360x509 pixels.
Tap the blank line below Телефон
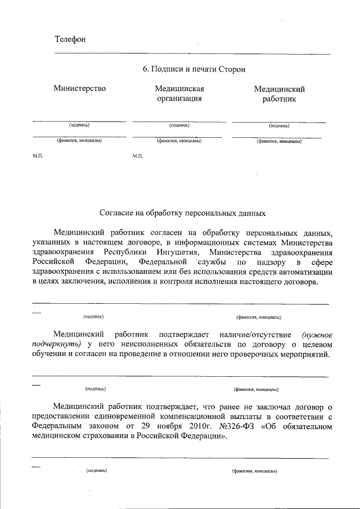191,53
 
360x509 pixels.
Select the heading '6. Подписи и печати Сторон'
194,69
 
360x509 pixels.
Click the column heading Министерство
79,88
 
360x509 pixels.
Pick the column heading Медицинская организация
179,93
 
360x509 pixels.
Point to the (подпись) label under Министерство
79,125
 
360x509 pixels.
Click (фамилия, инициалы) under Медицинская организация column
179,141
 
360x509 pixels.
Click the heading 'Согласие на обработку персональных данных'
182,213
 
